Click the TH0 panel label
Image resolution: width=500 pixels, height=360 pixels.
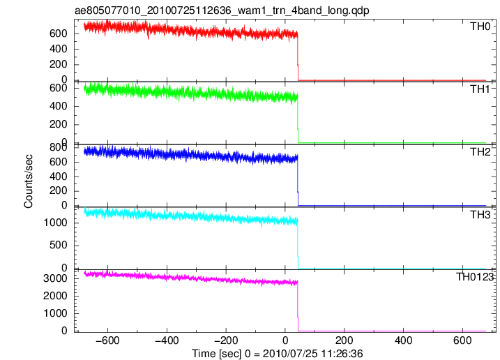point(480,27)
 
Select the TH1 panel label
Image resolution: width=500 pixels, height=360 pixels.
point(480,89)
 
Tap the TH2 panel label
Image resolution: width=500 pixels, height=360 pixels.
point(480,152)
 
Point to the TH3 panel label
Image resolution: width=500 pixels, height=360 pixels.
point(480,215)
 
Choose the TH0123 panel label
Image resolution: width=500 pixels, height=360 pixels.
point(474,277)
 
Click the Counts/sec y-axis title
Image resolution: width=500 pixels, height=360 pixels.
point(28,181)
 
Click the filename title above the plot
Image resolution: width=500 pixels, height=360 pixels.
point(222,10)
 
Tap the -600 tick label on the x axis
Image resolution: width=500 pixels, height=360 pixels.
point(107,340)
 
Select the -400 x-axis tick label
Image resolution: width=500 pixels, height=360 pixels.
point(167,340)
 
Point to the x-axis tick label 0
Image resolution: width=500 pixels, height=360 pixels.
point(285,340)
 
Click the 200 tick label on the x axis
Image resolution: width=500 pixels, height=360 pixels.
point(344,340)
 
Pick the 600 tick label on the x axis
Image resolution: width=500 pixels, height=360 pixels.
point(462,340)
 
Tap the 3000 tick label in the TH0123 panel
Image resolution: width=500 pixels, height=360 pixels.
point(56,278)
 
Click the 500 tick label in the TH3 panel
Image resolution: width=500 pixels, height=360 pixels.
point(59,245)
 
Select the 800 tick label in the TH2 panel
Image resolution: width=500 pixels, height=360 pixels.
point(59,147)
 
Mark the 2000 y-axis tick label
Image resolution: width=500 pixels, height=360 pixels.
point(56,296)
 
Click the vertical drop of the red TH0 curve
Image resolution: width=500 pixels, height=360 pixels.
point(298,57)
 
